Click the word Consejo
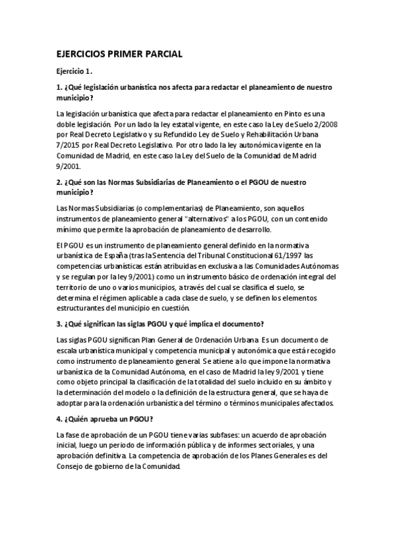coord(74,466)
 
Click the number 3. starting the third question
coord(59,323)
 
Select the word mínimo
coord(70,228)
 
